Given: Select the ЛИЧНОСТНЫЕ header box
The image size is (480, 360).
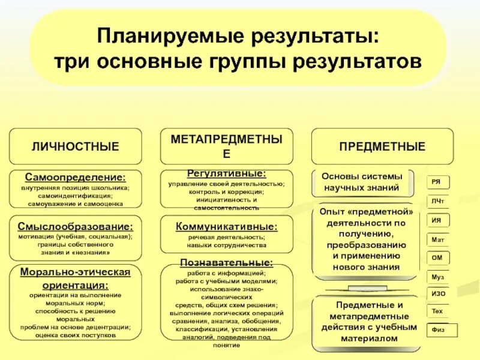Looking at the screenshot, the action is click(76, 146).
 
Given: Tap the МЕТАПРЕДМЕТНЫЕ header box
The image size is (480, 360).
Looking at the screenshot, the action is click(226, 146).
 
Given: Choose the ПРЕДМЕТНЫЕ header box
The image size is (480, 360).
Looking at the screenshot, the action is click(382, 146).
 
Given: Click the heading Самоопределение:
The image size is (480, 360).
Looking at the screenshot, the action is click(76, 178).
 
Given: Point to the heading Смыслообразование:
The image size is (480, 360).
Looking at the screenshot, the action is click(76, 227).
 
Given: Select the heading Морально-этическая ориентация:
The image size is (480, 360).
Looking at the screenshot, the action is click(76, 278).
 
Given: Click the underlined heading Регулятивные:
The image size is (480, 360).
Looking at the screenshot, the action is click(226, 173).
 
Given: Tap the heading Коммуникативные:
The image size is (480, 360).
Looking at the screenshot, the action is click(226, 227).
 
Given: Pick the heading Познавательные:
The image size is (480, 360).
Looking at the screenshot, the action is click(226, 262).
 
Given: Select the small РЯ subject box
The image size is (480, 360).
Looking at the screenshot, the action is click(437, 182).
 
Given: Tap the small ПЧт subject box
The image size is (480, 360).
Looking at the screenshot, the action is click(438, 201).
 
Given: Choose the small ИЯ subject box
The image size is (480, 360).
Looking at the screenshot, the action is click(437, 220).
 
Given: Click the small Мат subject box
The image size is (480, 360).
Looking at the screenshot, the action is click(438, 239).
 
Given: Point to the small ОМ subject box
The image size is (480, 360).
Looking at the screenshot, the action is click(437, 257).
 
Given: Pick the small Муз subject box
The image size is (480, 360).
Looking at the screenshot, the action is click(438, 277).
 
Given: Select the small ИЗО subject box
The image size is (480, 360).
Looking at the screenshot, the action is click(438, 294).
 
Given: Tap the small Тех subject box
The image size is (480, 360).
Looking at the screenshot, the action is click(437, 311).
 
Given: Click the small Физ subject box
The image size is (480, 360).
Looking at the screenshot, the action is click(442, 330).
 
